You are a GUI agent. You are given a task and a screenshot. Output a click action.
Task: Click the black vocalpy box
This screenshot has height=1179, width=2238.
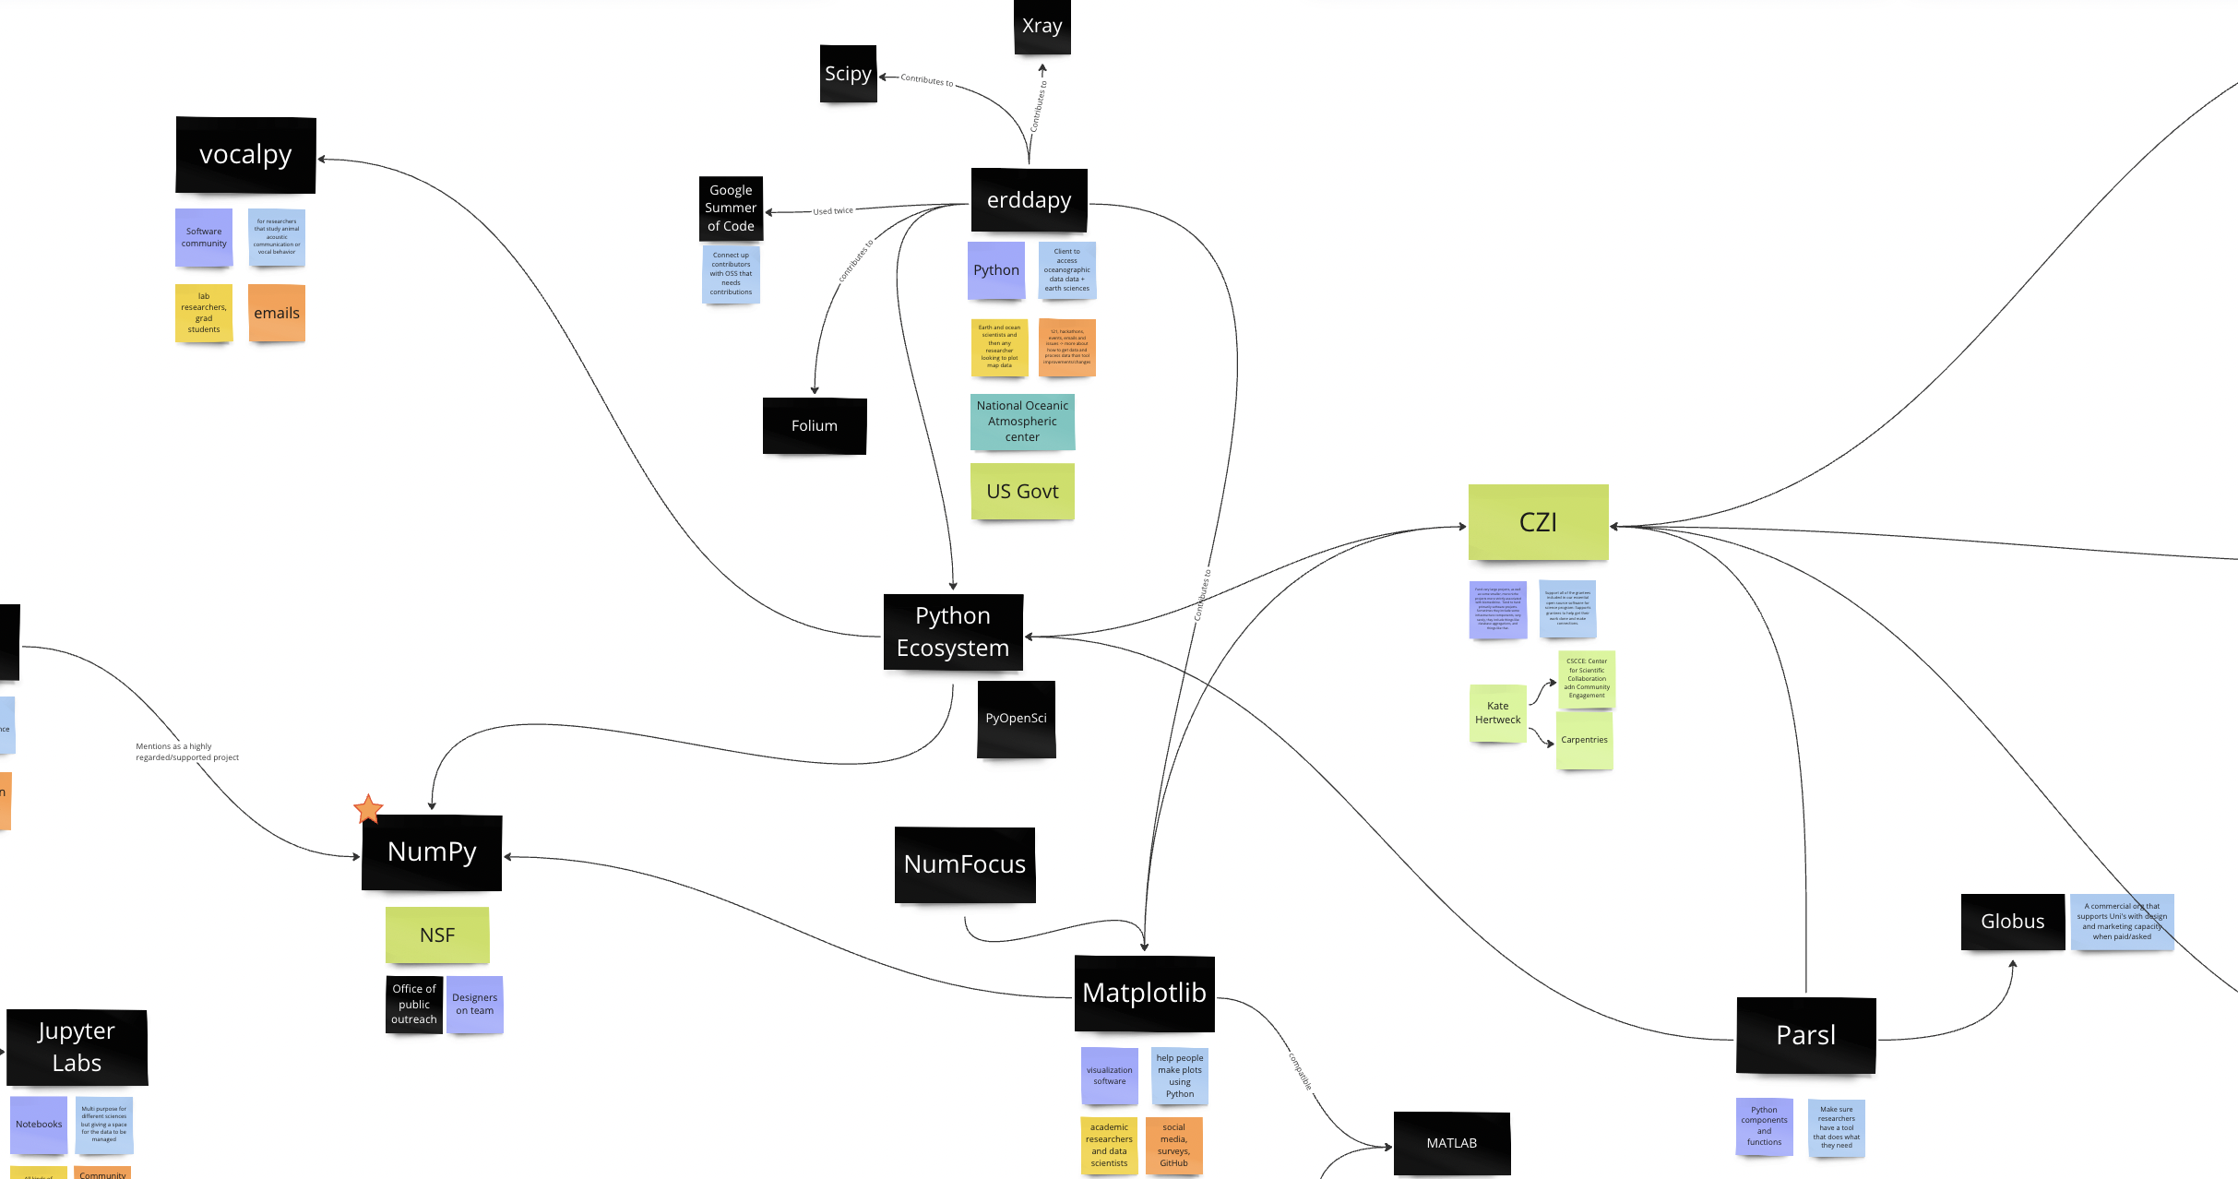tap(245, 155)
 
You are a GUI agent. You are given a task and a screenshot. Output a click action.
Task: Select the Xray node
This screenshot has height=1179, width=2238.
tap(1042, 27)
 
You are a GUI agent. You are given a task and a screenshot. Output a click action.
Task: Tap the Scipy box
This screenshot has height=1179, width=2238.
tap(848, 74)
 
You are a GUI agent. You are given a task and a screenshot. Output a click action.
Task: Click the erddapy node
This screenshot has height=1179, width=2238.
tap(1029, 200)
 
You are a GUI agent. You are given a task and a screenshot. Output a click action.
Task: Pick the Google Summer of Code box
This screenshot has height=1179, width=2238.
tap(731, 208)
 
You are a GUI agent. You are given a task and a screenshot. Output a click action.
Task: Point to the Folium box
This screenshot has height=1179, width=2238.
tap(814, 426)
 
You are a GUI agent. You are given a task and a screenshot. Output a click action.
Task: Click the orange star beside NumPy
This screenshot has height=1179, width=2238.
tap(368, 809)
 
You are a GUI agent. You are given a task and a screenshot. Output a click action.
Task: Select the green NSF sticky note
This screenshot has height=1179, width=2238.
tap(437, 935)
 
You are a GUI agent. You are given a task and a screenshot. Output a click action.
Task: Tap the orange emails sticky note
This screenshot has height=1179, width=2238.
tap(277, 314)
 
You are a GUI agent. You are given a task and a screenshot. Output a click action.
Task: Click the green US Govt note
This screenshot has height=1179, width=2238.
tap(1022, 492)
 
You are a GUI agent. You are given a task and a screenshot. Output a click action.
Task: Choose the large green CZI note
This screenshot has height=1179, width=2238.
tap(1538, 522)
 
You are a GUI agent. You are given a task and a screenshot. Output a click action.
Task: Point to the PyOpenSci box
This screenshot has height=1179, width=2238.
tap(1016, 719)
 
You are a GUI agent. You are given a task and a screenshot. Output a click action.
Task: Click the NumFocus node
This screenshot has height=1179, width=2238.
tap(964, 864)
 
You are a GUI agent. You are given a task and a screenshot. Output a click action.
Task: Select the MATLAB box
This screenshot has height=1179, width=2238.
tap(1451, 1143)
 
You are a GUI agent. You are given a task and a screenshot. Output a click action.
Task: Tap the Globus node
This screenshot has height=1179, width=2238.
tap(2012, 922)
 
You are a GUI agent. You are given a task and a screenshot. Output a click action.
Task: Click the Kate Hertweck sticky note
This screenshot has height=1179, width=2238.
tap(1497, 713)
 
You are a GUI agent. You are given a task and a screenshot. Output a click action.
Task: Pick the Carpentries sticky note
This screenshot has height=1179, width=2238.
tap(1584, 740)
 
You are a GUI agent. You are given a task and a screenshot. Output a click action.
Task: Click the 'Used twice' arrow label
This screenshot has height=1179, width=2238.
tap(833, 211)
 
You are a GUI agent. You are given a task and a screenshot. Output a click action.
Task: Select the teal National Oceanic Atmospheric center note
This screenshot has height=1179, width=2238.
tap(1022, 422)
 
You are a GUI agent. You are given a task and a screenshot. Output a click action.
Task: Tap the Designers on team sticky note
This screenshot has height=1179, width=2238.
tap(474, 1005)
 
